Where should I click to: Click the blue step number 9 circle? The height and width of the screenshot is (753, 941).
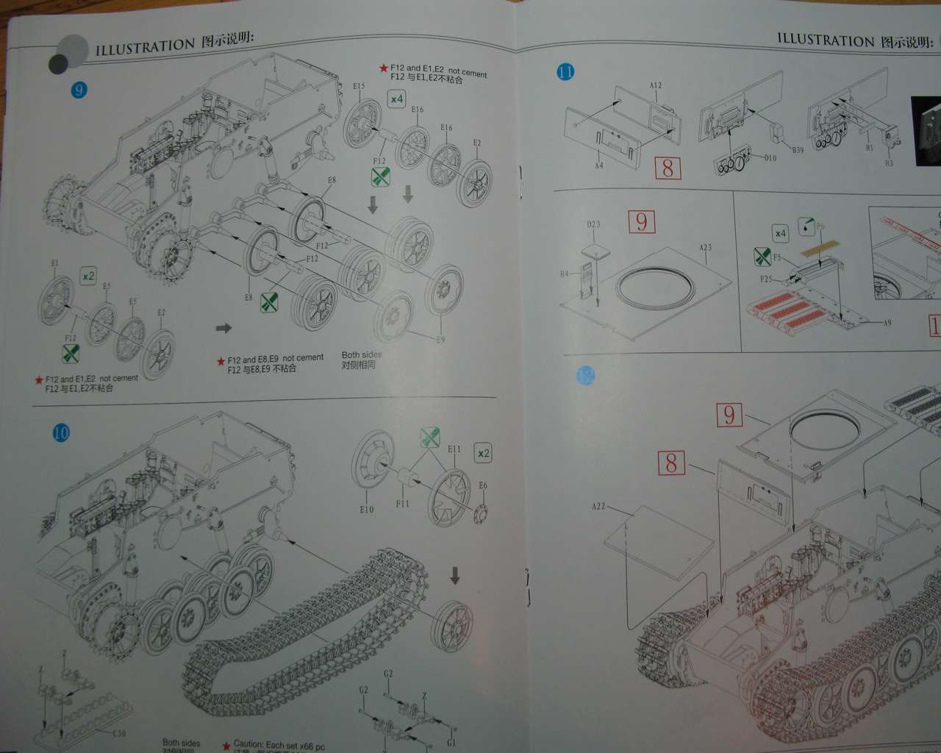pos(79,90)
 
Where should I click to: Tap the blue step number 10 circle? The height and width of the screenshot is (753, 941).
pos(61,432)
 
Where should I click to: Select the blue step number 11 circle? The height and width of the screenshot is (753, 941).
pos(565,72)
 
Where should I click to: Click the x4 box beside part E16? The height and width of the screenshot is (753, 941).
pos(397,99)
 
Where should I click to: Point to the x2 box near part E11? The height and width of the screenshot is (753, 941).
pos(483,453)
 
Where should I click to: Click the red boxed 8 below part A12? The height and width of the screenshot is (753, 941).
pos(668,168)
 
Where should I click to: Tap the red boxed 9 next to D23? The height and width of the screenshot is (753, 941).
pos(642,221)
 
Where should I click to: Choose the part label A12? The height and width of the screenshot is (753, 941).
pos(656,85)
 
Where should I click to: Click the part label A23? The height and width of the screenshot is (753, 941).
pos(705,247)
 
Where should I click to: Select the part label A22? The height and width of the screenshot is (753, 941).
pos(598,506)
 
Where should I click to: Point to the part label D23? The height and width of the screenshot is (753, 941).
pos(593,224)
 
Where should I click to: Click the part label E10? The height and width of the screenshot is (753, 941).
pos(367,509)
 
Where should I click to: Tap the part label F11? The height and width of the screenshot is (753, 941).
pos(402,504)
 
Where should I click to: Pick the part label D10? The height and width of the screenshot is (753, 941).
pos(770,158)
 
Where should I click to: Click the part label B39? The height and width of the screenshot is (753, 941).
pos(798,149)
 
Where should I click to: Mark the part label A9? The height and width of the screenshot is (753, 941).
pos(887,323)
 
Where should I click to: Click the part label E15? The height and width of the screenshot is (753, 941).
pos(359,86)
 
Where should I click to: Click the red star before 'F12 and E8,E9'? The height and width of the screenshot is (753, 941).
pos(221,361)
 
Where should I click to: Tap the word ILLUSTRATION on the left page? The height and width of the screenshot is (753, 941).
pos(145,48)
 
